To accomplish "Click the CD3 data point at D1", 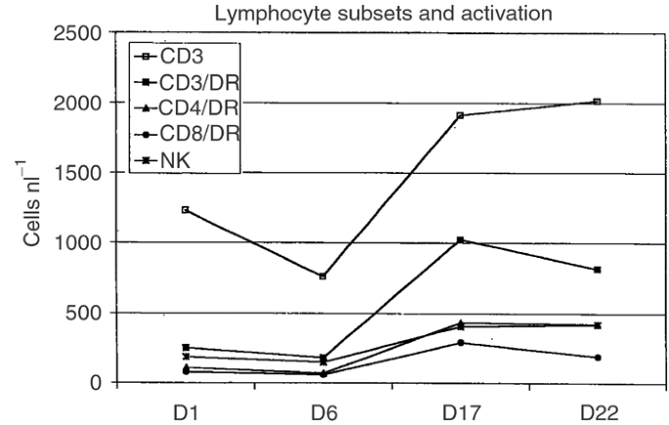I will coord(186,210).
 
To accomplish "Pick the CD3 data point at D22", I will coord(597,102).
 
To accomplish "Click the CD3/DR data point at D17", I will coord(460,240).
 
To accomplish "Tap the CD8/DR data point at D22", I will coord(597,358).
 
